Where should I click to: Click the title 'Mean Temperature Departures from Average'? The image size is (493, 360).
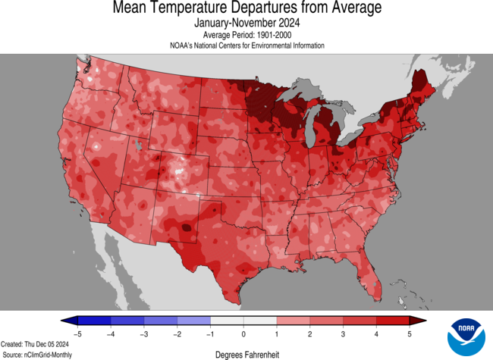coord(246,9)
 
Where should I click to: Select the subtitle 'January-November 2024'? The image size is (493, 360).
coord(246,23)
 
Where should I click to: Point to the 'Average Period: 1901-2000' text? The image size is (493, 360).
coord(246,35)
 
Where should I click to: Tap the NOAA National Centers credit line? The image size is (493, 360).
coord(246,45)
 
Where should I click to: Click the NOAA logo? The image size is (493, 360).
coord(466,337)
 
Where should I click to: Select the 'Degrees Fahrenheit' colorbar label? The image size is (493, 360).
coord(246,353)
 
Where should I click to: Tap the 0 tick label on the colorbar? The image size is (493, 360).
coord(243,333)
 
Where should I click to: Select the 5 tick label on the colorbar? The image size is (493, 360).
coord(410,333)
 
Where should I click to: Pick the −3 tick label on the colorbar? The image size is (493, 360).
coord(143,333)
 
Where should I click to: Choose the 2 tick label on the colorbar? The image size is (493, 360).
coord(310,333)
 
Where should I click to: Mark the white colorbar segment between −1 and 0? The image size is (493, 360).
coord(227,321)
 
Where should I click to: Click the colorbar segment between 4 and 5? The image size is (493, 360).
coord(394,321)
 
